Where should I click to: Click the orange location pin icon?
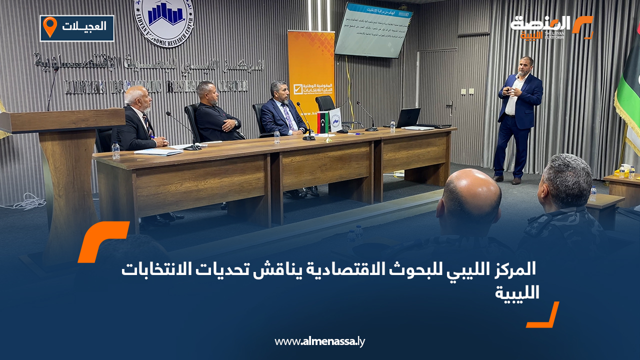49,26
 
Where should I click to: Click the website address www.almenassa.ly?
320,341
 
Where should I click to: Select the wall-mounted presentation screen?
373,29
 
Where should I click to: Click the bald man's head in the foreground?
471,194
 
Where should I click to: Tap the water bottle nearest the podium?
116,150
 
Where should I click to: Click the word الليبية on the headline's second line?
517,292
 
